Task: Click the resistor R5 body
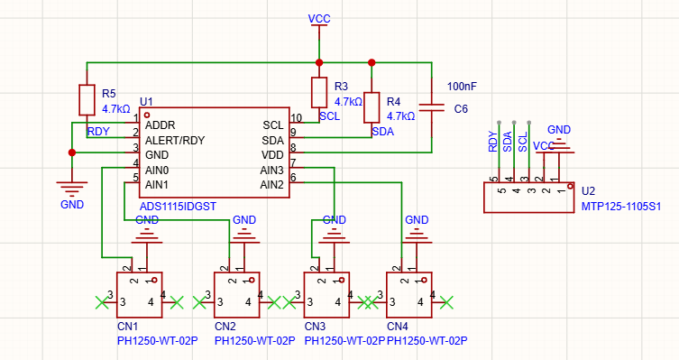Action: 87,100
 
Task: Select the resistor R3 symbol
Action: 319,92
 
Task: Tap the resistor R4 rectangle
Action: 372,107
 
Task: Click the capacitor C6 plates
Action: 432,107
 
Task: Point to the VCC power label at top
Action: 319,19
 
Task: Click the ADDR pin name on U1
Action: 161,125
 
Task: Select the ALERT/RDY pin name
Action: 175,141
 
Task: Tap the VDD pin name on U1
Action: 272,155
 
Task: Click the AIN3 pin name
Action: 272,171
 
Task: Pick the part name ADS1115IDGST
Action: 178,207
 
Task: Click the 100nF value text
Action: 462,87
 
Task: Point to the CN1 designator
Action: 128,327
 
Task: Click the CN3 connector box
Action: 326,295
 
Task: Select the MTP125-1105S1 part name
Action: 621,207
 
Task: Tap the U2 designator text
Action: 588,191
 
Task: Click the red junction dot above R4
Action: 372,63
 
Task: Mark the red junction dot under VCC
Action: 319,63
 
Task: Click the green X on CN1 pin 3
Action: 102,302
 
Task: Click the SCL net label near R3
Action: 329,116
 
